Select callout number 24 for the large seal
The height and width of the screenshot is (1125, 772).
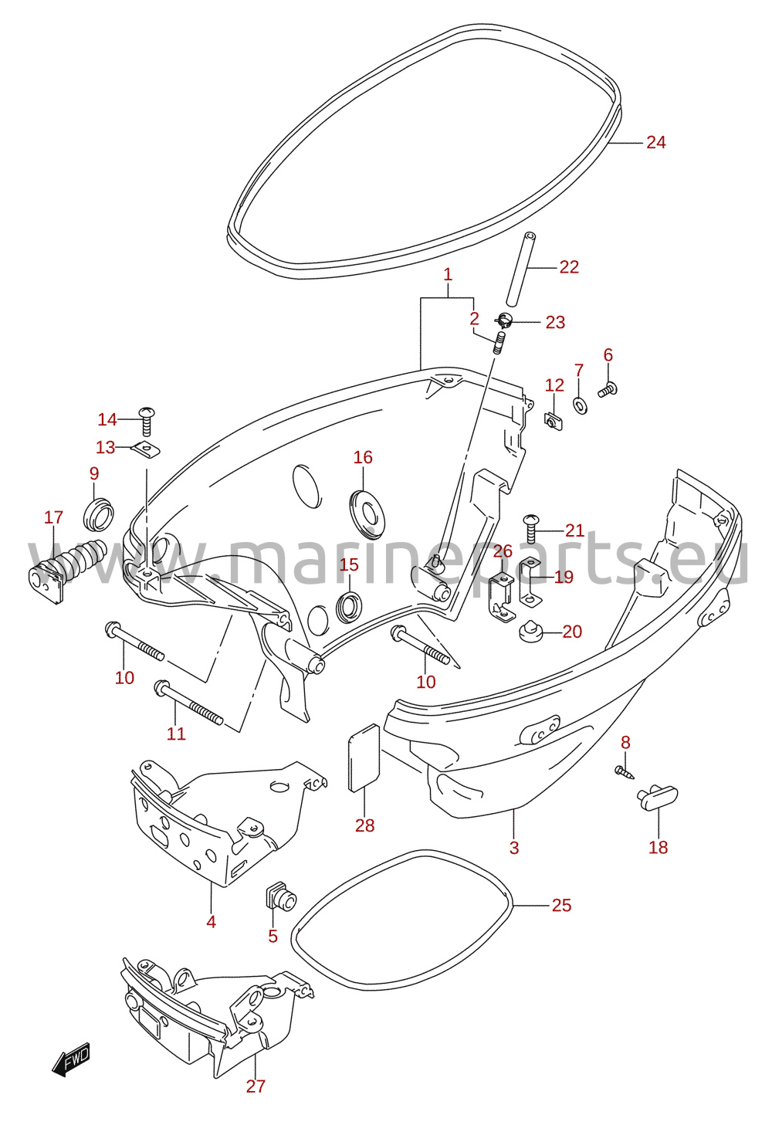656,143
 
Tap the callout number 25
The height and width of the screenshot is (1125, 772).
561,905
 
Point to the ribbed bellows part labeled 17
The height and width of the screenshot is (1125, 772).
67,570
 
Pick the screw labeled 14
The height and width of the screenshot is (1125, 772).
147,422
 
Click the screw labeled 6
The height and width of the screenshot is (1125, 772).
608,390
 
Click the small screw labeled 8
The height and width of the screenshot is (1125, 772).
625,772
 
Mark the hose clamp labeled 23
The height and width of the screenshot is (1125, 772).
504,320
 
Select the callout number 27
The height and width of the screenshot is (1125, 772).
256,1086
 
